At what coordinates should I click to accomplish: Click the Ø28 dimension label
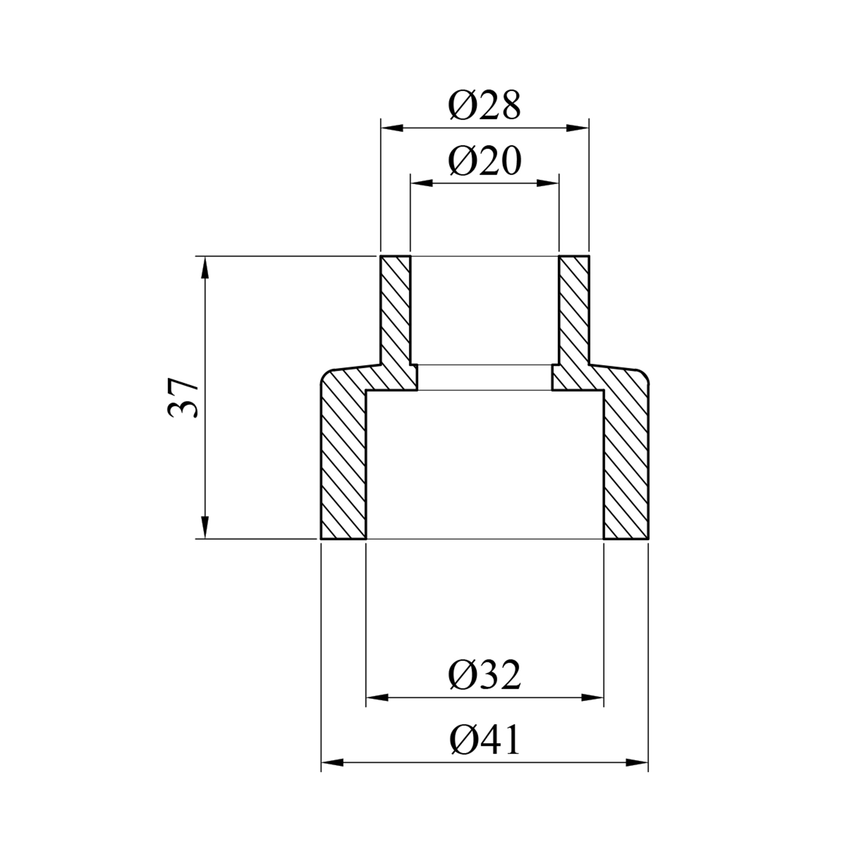(x=485, y=105)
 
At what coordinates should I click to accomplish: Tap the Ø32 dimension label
(x=485, y=675)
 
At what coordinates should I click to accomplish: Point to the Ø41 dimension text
(x=485, y=740)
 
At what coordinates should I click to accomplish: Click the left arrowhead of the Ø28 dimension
(x=392, y=128)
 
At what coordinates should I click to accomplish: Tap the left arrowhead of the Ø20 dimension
(x=422, y=183)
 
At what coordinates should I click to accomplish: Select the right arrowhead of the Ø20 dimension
(x=548, y=183)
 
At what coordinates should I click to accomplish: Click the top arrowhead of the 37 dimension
(x=205, y=268)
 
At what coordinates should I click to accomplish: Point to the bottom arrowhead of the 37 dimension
(x=205, y=527)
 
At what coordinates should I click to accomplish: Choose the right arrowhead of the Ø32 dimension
(x=592, y=698)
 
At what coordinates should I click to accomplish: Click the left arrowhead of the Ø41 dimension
(x=332, y=763)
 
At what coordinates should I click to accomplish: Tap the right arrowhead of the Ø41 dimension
(x=637, y=763)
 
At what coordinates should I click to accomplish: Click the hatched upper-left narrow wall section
(x=396, y=314)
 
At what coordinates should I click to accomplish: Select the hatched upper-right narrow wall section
(x=574, y=314)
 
